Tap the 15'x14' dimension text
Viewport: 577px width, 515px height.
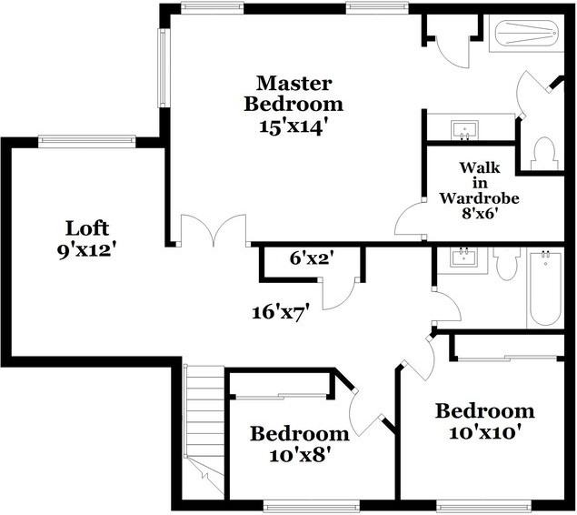tap(293, 125)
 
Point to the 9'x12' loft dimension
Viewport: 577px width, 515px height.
tap(88, 248)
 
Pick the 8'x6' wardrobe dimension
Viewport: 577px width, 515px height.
tap(479, 217)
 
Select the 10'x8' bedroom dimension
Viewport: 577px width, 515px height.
tap(299, 454)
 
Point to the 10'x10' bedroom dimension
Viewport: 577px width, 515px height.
tap(484, 431)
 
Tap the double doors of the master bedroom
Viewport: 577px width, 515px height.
tap(214, 231)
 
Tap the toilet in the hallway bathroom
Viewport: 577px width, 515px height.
tap(506, 263)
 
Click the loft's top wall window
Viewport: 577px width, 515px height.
tap(86, 140)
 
